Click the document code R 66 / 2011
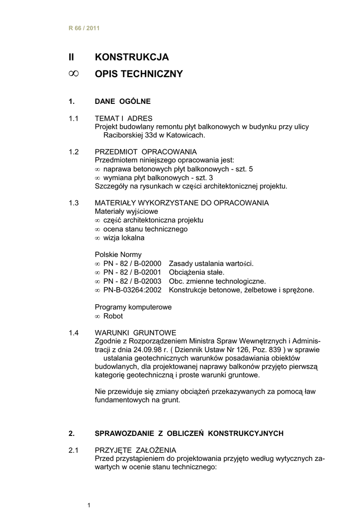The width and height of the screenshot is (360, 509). tap(84, 28)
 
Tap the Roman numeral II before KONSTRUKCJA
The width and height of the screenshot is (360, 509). tap(71, 57)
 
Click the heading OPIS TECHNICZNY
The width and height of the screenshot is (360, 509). tap(139, 75)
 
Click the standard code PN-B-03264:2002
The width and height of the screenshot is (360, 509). tap(133, 290)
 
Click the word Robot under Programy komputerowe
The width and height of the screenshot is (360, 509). tap(113, 316)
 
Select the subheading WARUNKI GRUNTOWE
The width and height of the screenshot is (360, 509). tap(135, 333)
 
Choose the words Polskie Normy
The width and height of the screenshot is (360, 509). tap(118, 254)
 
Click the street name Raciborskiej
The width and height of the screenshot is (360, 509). tap(125, 135)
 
